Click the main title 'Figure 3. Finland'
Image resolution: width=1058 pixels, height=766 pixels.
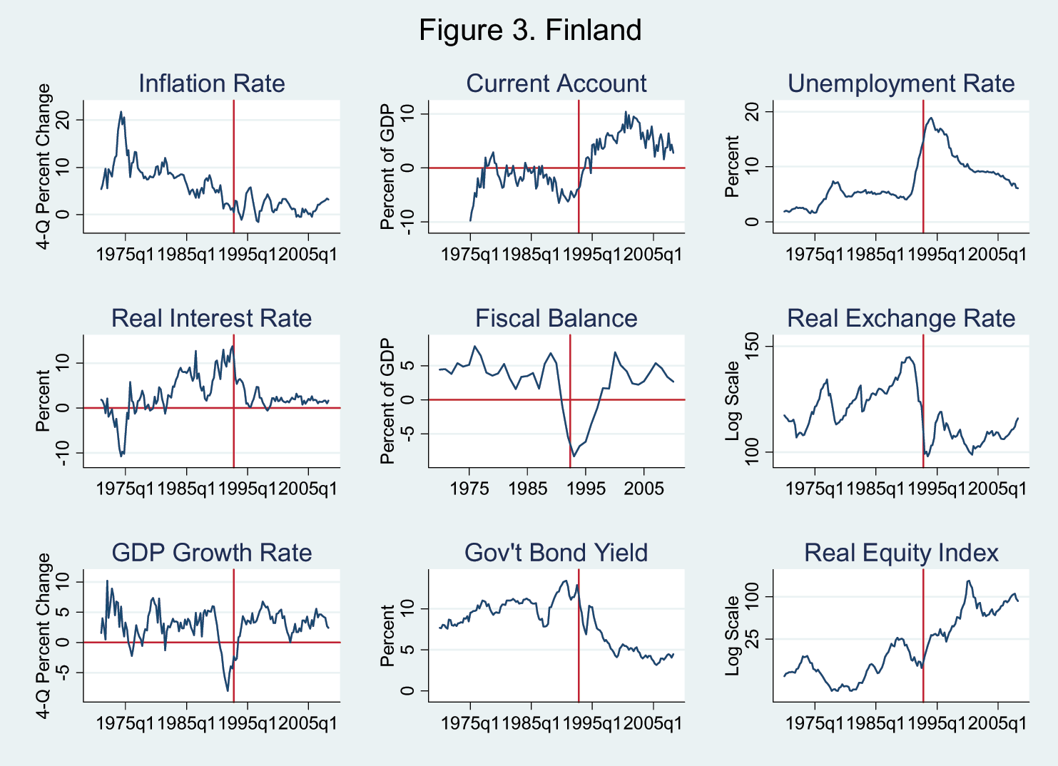pos(530,31)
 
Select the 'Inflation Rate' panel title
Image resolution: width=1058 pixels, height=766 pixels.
pos(212,83)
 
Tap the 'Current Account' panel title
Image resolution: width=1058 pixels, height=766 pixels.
pos(556,83)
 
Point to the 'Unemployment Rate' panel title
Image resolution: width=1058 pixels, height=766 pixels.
pos(901,83)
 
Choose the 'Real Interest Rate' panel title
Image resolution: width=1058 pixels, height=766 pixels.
pos(212,318)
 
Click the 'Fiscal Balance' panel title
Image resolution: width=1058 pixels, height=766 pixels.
pos(556,318)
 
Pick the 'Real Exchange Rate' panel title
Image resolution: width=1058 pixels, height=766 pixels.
pos(901,318)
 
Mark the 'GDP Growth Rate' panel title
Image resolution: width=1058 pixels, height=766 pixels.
pos(212,553)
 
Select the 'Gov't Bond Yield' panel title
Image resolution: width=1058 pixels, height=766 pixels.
pos(556,553)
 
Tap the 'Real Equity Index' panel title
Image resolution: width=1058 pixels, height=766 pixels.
pos(901,553)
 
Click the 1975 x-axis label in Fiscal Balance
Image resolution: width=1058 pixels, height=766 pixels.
pos(469,489)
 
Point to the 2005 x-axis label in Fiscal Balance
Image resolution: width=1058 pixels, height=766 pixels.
pos(644,489)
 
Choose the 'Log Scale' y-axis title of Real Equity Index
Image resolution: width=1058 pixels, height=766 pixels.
pos(733,636)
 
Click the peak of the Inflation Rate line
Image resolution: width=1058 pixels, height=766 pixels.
pos(121,111)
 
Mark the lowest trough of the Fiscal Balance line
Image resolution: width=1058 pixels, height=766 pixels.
pos(574,456)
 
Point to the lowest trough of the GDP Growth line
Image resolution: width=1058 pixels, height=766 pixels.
pos(228,690)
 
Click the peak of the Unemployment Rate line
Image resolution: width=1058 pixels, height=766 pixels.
pos(931,118)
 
